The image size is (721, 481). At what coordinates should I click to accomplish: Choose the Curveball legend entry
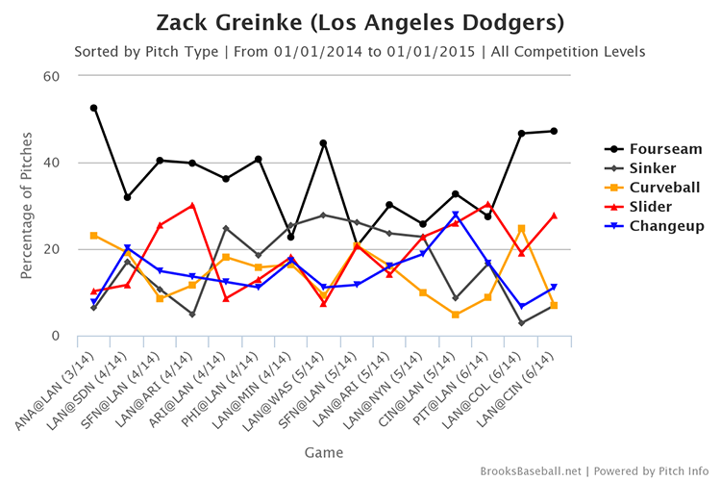click(x=663, y=188)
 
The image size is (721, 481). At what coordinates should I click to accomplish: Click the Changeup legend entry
click(x=663, y=226)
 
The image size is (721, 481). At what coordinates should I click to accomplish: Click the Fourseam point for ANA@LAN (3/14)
click(x=93, y=108)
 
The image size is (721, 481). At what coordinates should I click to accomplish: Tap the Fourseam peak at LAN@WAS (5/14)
click(x=324, y=143)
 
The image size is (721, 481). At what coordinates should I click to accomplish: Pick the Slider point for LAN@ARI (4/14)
click(x=192, y=205)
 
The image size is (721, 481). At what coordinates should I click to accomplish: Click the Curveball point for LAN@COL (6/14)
click(x=521, y=228)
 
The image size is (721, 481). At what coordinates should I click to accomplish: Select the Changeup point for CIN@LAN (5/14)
click(x=455, y=215)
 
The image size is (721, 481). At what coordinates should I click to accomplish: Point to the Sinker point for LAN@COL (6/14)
click(x=521, y=323)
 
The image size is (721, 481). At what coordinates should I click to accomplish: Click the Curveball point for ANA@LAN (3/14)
click(x=93, y=235)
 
